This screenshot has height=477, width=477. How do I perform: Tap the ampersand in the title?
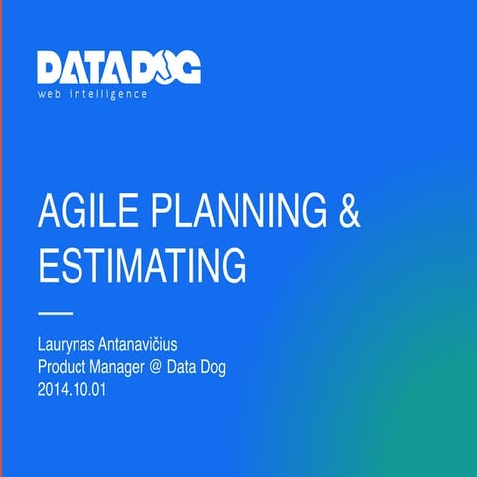pyautogui.click(x=345, y=213)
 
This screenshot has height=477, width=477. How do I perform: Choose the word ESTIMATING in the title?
pyautogui.click(x=141, y=265)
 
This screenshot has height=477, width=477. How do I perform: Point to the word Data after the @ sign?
pyautogui.click(x=202, y=368)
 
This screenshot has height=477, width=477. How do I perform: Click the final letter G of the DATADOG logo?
pyautogui.click(x=186, y=67)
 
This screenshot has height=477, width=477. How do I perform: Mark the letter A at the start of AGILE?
pyautogui.click(x=47, y=213)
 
